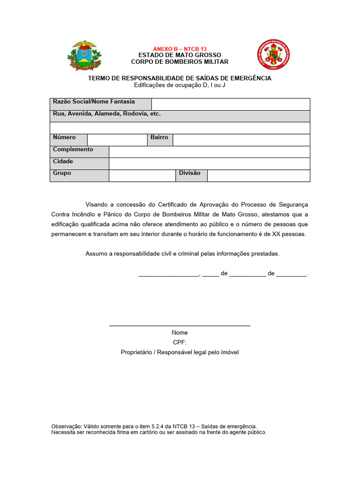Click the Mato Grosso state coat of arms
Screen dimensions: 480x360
(85, 56)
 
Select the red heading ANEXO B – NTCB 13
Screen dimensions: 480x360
(180, 49)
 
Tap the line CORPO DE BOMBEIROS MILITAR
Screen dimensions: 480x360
(180, 62)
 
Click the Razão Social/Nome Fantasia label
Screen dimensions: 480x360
(94, 102)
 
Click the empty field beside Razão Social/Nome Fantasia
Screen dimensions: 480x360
(231, 104)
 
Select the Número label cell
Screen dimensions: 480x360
(68, 138)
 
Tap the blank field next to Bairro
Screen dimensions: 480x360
(241, 140)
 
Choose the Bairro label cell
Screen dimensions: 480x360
(159, 138)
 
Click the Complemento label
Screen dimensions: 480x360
(73, 150)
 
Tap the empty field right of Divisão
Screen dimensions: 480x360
(258, 175)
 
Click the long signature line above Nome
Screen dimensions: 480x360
(180, 325)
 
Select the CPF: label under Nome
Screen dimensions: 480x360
(180, 342)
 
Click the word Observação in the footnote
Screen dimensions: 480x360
(66, 427)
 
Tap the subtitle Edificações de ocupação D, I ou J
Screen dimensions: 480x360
(180, 85)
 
